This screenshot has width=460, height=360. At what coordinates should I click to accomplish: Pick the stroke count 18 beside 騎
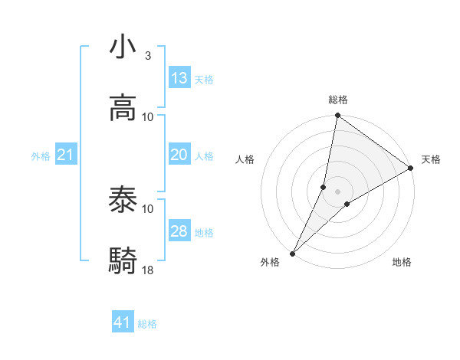pos(148,270)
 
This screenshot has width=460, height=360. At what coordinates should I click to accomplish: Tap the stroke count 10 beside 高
pos(148,116)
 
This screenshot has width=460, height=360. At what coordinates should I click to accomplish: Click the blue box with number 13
pos(179,78)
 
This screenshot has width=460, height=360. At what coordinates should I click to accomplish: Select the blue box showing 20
pos(179,155)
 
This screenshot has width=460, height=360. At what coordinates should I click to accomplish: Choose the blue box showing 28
pos(179,231)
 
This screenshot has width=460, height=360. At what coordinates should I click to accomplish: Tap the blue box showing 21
pos(66,155)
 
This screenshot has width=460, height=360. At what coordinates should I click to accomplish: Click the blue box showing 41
pos(123,322)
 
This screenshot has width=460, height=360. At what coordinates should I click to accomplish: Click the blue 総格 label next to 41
pos(147,324)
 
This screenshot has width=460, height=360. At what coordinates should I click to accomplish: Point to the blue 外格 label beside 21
pos(41,156)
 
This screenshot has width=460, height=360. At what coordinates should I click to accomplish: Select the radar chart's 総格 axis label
pos(338,100)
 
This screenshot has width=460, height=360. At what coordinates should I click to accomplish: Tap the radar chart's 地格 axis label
pos(402,262)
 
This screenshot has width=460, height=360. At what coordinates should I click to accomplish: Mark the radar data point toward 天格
pos(411,169)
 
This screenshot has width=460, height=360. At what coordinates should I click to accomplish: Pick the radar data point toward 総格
pos(337,116)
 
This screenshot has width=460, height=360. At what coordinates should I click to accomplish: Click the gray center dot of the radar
pos(337,191)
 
